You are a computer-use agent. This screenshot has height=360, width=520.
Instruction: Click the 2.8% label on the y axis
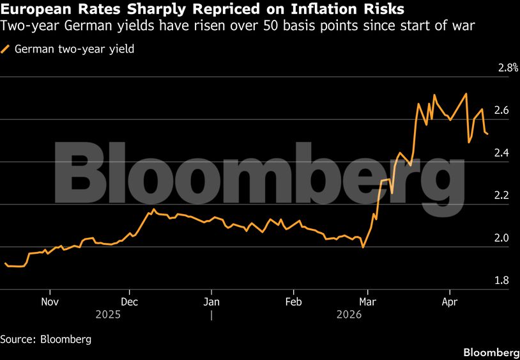(x=508, y=68)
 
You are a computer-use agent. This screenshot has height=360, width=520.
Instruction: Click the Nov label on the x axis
(x=50, y=301)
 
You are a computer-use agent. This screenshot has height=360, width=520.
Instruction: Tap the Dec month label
(x=130, y=301)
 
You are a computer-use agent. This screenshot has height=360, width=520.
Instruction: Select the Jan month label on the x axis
(x=211, y=301)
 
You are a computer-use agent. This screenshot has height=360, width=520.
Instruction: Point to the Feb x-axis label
(x=293, y=301)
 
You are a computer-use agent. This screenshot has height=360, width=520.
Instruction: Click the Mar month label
(x=367, y=301)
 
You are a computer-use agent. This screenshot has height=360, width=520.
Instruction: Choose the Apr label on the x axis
(x=450, y=301)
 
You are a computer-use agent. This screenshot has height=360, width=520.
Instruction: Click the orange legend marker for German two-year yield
(x=6, y=49)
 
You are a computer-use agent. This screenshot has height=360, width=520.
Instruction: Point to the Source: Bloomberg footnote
(x=45, y=339)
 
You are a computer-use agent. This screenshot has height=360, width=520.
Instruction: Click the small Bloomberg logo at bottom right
(x=491, y=352)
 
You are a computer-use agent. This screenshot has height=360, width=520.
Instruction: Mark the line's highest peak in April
(x=466, y=93)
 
